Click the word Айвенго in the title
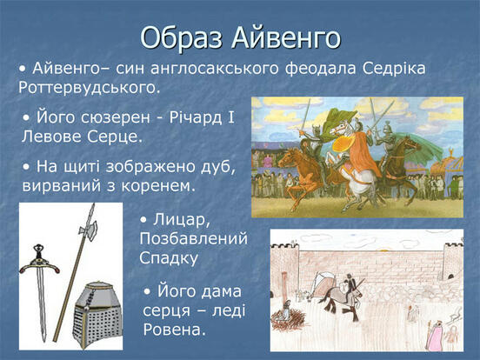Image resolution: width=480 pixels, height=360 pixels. pyautogui.click(x=286, y=37)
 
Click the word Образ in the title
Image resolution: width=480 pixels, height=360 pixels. pyautogui.click(x=181, y=37)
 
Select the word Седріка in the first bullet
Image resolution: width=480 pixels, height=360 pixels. pyautogui.click(x=394, y=69)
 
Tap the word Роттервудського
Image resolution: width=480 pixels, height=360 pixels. pyautogui.click(x=90, y=88)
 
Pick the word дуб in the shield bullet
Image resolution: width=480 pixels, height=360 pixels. pyautogui.click(x=218, y=167)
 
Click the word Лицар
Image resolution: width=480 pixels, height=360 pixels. pyautogui.click(x=175, y=220)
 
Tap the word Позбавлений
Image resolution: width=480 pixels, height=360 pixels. pyautogui.click(x=193, y=239)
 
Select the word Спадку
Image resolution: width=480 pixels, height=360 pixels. pyautogui.click(x=169, y=258)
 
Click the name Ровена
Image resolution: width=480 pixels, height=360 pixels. pyautogui.click(x=174, y=330)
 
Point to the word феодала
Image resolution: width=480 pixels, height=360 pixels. pyautogui.click(x=321, y=69)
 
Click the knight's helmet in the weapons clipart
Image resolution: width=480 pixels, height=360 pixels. pyautogui.click(x=97, y=316)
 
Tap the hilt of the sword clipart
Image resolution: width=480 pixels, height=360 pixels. pyautogui.click(x=39, y=260)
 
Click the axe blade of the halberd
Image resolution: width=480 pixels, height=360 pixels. pyautogui.click(x=90, y=230)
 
